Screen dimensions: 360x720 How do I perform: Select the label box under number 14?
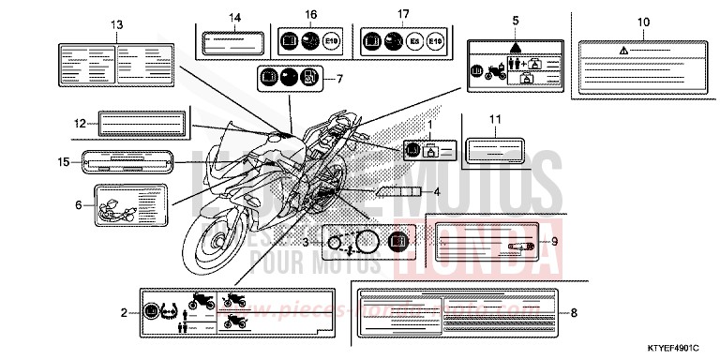[232, 41]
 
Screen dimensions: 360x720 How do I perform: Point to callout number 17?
[403, 15]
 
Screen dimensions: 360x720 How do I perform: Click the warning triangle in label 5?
[514, 47]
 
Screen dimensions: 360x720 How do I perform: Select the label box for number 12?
[136, 122]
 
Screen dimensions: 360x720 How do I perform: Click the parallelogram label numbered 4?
[397, 192]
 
